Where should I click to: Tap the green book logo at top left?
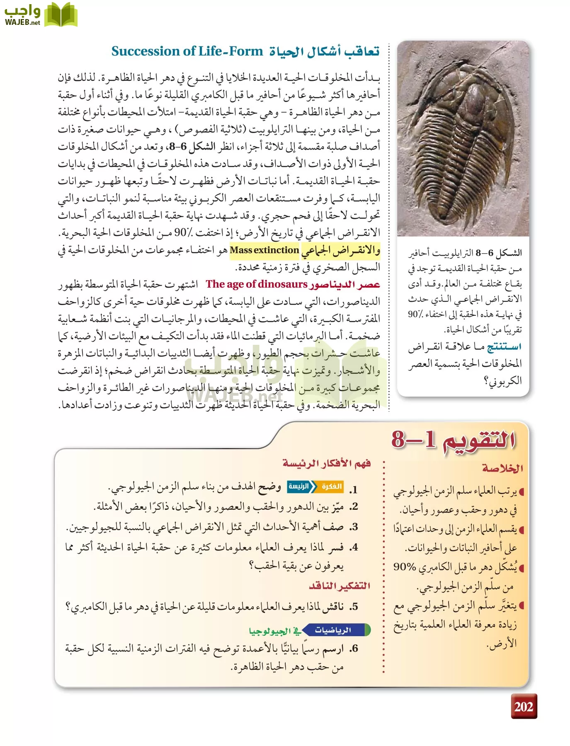61,15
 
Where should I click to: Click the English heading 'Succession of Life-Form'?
187,51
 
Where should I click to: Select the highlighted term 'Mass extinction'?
264,250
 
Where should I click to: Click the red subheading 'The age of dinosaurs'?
257,284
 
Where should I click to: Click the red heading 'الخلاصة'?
502,468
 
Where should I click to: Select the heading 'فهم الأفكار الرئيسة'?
326,463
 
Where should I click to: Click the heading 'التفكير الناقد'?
339,586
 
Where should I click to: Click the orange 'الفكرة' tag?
332,487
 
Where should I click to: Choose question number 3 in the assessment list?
353,527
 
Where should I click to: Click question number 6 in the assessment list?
353,649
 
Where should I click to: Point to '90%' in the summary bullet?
405,567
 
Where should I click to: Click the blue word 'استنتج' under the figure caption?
504,346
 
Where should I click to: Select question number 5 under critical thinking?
353,607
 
